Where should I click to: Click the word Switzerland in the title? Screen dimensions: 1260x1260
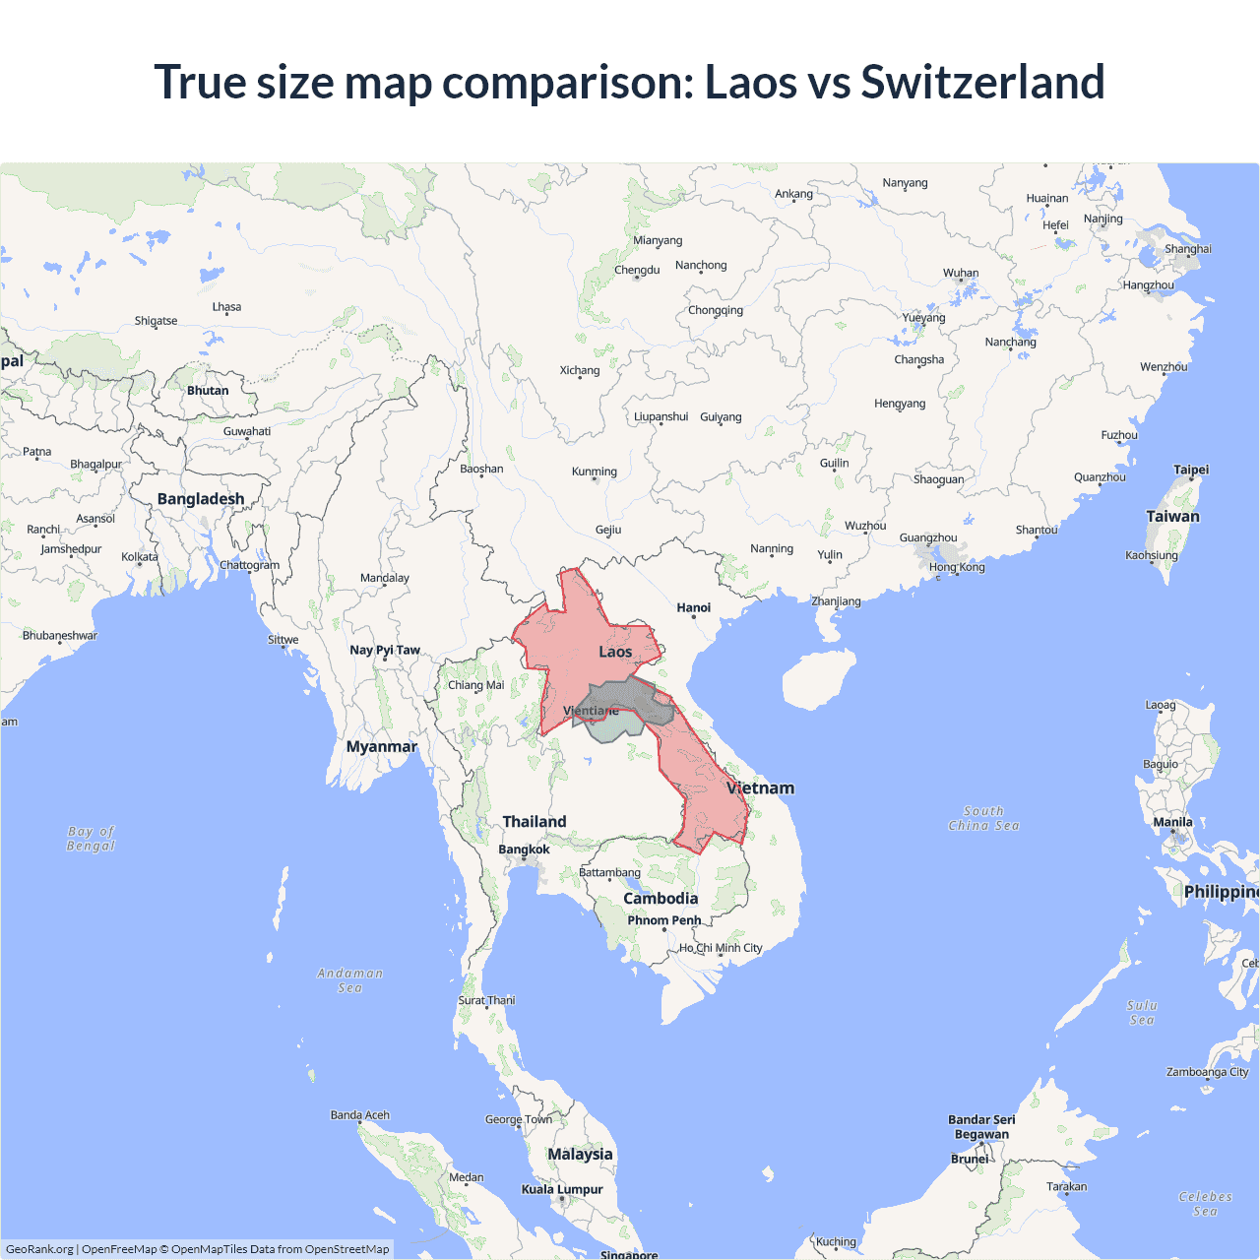[x=982, y=82]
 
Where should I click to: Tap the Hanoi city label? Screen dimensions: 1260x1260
[x=693, y=607]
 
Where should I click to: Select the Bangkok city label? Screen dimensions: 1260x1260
[x=524, y=850]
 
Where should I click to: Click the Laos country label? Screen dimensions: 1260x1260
[x=615, y=652]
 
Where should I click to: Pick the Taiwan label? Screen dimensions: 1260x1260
[x=1172, y=516]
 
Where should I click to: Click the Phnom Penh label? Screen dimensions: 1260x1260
[x=664, y=920]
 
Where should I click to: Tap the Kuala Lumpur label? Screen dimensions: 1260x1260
[x=562, y=1189]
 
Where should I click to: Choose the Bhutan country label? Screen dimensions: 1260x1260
[x=208, y=391]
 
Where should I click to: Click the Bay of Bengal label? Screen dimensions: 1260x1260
[x=91, y=839]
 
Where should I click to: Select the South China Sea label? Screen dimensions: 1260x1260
[x=983, y=818]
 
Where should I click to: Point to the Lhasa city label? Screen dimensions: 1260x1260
[x=226, y=307]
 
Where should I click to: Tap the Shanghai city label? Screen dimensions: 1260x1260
[x=1188, y=249]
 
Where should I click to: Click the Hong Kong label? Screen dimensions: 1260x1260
[x=956, y=567]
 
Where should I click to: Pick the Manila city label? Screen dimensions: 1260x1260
[x=1172, y=822]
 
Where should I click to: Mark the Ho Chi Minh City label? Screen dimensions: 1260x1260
[x=721, y=948]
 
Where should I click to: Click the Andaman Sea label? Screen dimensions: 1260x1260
[x=349, y=980]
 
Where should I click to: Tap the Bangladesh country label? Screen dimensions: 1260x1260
[x=201, y=499]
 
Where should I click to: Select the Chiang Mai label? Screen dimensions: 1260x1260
[x=475, y=685]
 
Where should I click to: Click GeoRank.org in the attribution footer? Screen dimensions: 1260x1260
[x=39, y=1249]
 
